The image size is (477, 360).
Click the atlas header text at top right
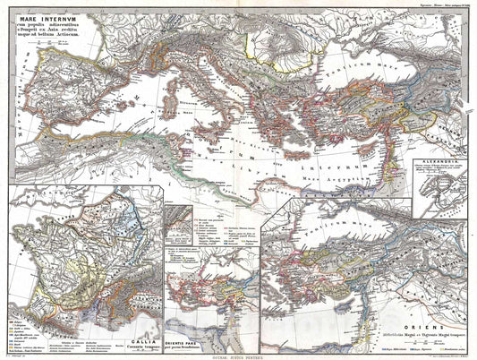click(x=439, y=4)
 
